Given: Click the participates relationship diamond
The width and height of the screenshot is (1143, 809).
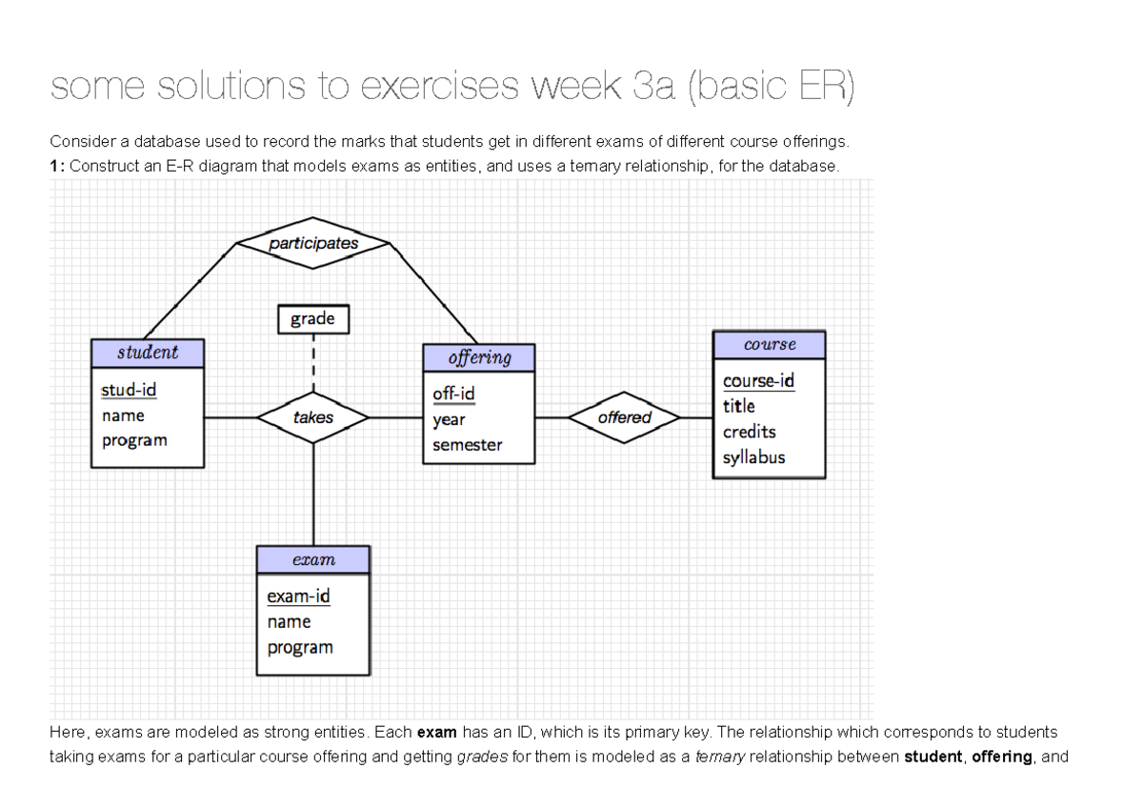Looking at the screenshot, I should (313, 243).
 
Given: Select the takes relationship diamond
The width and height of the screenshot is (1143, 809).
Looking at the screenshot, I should (313, 417).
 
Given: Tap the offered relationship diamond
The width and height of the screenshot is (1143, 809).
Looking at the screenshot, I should (624, 417).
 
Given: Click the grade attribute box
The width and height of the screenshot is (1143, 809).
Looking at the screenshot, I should (312, 319).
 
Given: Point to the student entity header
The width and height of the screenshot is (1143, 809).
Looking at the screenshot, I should (148, 353).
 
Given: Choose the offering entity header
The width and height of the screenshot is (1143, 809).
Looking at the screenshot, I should (479, 357).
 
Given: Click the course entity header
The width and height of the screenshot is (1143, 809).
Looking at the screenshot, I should (769, 344).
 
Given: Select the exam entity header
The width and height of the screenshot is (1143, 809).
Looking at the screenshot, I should (313, 559).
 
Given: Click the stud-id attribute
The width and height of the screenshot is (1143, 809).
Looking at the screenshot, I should (129, 390).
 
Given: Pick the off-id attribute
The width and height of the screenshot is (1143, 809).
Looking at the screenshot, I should (453, 394).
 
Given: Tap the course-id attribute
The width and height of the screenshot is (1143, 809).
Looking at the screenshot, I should (758, 380).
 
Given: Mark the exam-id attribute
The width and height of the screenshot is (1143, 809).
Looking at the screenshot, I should (298, 597).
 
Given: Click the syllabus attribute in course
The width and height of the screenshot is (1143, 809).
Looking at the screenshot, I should (753, 457).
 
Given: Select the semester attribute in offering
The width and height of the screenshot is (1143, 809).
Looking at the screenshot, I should (467, 445).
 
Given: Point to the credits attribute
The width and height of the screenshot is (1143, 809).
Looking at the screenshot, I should (749, 432).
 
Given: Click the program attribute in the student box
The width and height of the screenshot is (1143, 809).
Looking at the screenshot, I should (134, 440).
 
